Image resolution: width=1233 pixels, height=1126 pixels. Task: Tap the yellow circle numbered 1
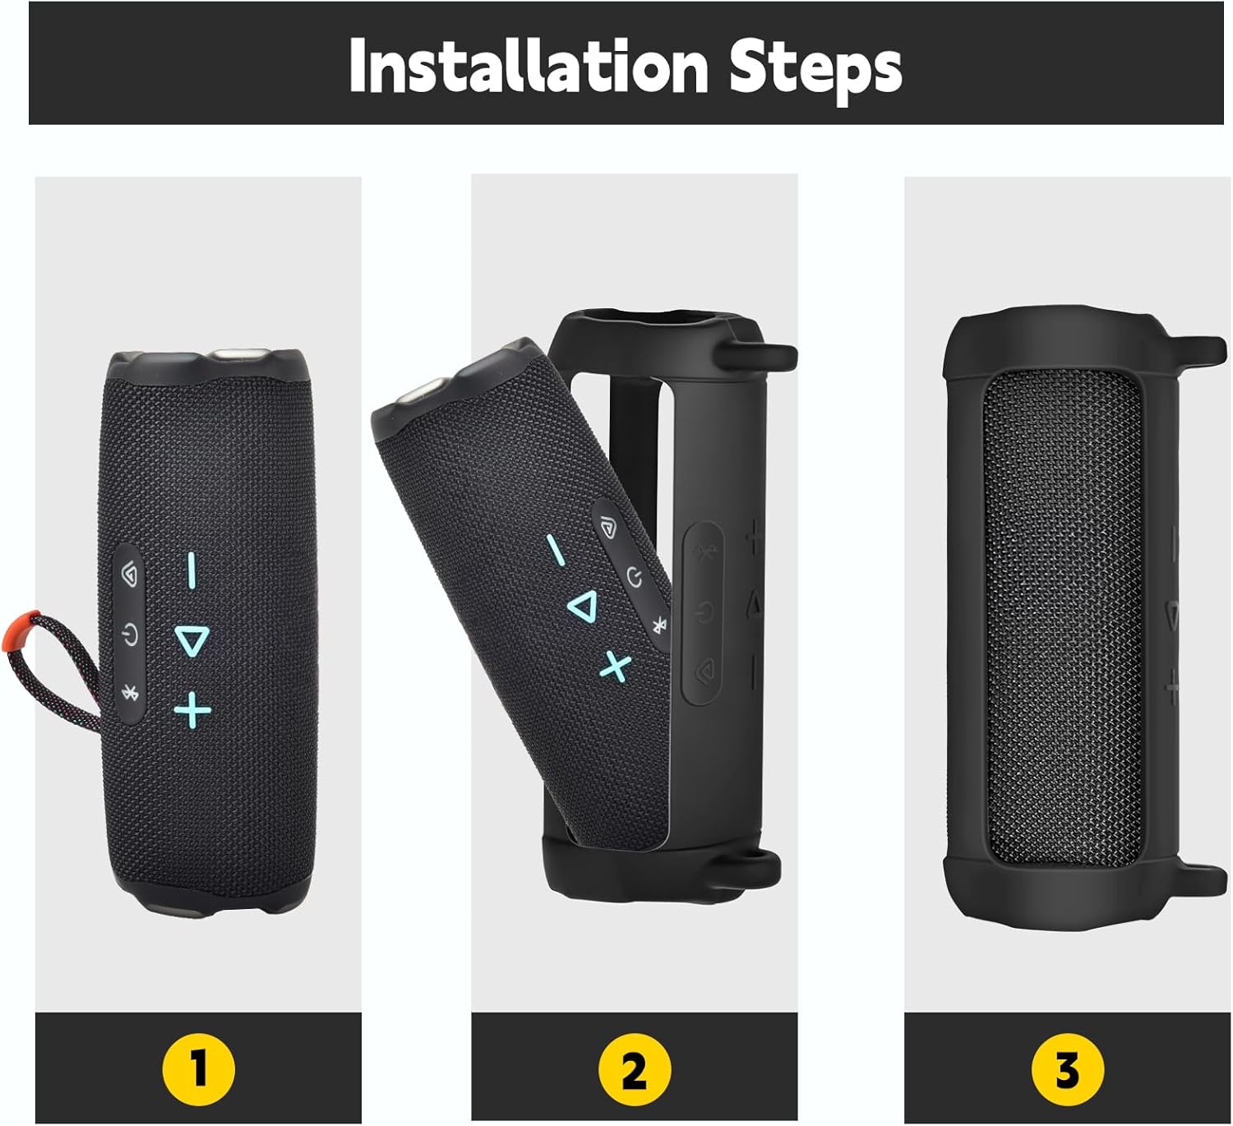(198, 1070)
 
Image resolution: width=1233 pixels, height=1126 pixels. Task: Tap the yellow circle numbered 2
(634, 1070)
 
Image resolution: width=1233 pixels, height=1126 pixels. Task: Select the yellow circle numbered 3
(1067, 1070)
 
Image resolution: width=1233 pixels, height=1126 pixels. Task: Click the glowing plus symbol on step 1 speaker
(192, 709)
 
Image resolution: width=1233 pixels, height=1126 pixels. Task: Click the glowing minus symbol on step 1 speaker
(192, 570)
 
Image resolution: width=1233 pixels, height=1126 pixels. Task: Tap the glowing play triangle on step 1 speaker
(192, 640)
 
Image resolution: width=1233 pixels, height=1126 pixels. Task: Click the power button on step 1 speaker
(129, 635)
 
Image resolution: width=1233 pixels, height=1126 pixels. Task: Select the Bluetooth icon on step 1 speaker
(129, 693)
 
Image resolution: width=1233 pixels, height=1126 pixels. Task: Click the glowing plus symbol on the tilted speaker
(615, 666)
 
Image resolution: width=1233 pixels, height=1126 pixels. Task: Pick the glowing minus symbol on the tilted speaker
(556, 550)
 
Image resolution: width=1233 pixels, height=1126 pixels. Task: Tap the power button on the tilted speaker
(634, 577)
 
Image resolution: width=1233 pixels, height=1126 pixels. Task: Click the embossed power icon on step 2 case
(704, 612)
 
